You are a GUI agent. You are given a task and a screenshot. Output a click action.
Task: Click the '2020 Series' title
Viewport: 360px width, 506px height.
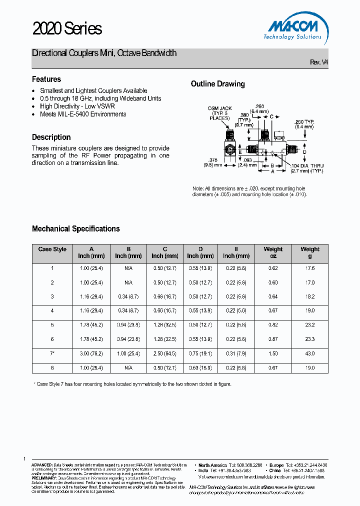pyautogui.click(x=67, y=29)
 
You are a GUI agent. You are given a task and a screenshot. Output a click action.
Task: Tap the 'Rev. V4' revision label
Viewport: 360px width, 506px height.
pyautogui.click(x=319, y=62)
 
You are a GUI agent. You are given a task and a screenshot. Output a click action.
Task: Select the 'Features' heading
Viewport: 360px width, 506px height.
pyautogui.click(x=46, y=79)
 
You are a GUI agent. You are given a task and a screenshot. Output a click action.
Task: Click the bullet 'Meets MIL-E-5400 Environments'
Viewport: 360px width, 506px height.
pyautogui.click(x=83, y=114)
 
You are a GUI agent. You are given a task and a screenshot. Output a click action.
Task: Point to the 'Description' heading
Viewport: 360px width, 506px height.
pyautogui.click(x=51, y=137)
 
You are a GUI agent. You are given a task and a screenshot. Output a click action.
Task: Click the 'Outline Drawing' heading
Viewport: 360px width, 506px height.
pyautogui.click(x=217, y=84)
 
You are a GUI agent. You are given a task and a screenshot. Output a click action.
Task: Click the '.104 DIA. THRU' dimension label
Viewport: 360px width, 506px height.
pyautogui.click(x=307, y=165)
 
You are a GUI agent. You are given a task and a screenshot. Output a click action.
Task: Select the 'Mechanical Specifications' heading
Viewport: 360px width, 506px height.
pyautogui.click(x=76, y=228)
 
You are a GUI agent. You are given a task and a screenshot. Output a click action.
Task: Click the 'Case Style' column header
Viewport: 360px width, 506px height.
pyautogui.click(x=52, y=249)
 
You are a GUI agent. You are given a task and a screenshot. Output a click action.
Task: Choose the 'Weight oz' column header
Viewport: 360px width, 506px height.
pyautogui.click(x=273, y=252)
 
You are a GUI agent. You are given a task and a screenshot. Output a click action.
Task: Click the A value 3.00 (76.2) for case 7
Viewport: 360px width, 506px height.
pyautogui.click(x=91, y=353)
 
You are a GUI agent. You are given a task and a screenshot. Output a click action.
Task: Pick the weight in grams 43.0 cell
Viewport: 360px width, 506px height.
pyautogui.click(x=309, y=353)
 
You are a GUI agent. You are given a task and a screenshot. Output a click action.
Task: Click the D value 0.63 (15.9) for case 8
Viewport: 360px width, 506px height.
pyautogui.click(x=200, y=368)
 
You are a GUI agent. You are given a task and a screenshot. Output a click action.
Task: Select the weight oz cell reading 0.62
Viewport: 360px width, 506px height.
pyautogui.click(x=273, y=268)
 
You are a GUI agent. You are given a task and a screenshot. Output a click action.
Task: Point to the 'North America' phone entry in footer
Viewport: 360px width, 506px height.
pyautogui.click(x=230, y=465)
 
